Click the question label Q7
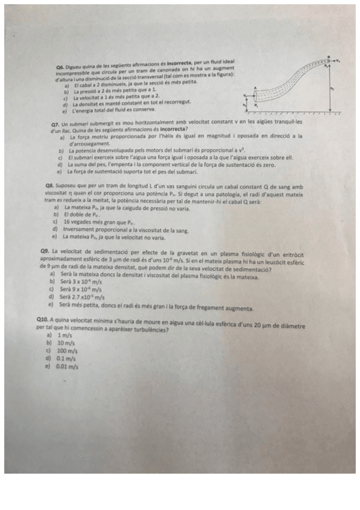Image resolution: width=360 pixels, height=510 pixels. point(56,123)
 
